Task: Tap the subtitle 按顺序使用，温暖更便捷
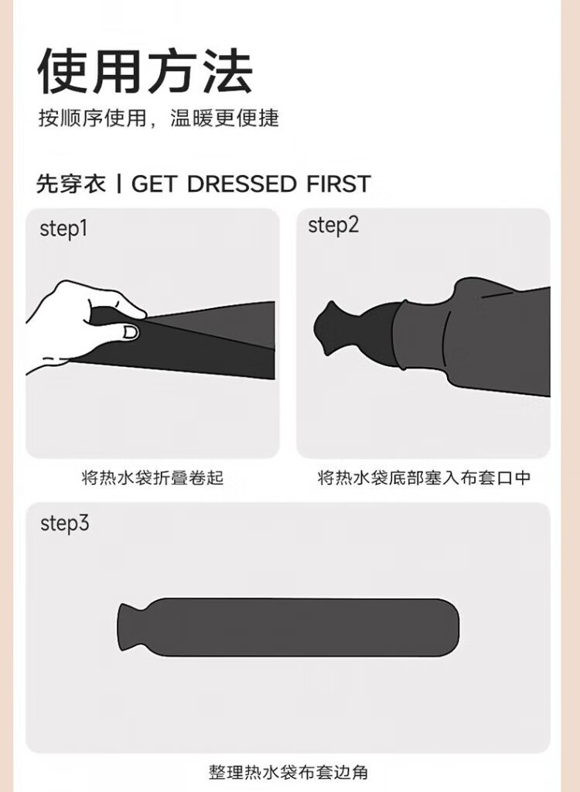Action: [159, 118]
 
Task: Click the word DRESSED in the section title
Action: [241, 183]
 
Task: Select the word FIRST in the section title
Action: [339, 183]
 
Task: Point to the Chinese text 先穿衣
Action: [71, 183]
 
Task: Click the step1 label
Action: [63, 228]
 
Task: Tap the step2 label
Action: [333, 225]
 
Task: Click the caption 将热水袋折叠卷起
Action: [152, 478]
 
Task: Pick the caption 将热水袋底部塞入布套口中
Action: [424, 478]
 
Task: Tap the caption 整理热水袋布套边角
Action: [288, 772]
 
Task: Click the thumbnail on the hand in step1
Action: [131, 332]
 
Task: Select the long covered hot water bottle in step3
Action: [288, 627]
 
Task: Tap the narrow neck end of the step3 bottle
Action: [125, 628]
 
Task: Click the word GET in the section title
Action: [155, 183]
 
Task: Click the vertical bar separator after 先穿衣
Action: [118, 183]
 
